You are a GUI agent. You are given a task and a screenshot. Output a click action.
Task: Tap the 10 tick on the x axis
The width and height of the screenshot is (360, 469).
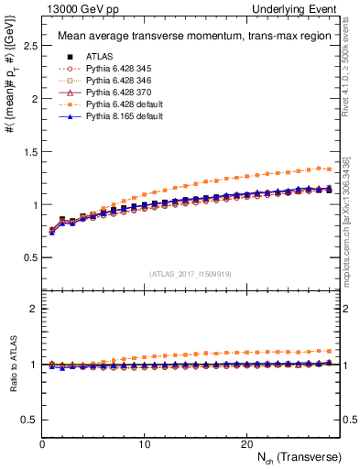point(145,443)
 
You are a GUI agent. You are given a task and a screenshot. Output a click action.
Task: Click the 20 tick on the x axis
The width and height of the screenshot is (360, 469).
point(246,443)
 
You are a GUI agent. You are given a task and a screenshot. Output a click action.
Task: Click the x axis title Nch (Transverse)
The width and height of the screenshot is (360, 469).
point(298,456)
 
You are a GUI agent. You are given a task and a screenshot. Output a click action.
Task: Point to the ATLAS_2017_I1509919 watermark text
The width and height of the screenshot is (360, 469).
point(191,273)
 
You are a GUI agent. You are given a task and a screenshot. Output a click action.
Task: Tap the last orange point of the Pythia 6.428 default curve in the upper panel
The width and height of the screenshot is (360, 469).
point(328,169)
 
